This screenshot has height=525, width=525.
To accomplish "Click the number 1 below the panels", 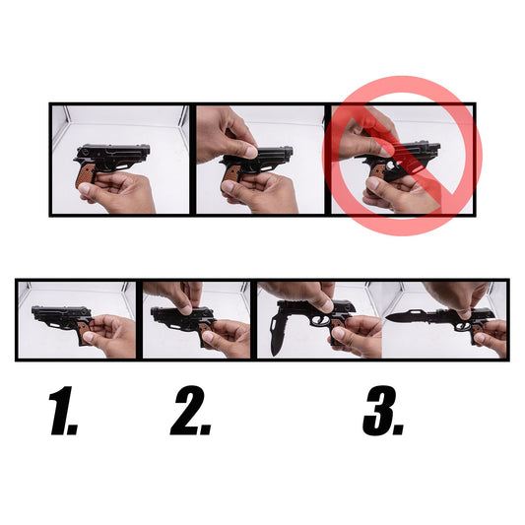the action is click(x=63, y=411).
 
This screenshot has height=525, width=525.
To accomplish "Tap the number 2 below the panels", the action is click(x=190, y=411).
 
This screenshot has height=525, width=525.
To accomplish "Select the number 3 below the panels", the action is click(x=383, y=411).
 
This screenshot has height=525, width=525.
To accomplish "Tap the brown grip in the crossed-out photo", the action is click(x=377, y=172).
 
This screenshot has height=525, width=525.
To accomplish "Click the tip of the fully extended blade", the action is click(x=386, y=316).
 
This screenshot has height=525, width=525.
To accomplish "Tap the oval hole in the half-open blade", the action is click(x=273, y=324).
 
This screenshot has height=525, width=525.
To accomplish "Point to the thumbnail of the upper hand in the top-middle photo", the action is click(x=250, y=152).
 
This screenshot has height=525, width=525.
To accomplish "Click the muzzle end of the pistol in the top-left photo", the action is click(x=148, y=150).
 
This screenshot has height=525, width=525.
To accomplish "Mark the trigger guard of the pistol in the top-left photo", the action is click(x=122, y=165).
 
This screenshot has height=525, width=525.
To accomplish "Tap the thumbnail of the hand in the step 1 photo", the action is click(x=88, y=338).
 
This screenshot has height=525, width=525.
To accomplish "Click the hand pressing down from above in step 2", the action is click(x=176, y=296).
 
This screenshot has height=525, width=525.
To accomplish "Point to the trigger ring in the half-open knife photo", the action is click(x=318, y=321).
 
